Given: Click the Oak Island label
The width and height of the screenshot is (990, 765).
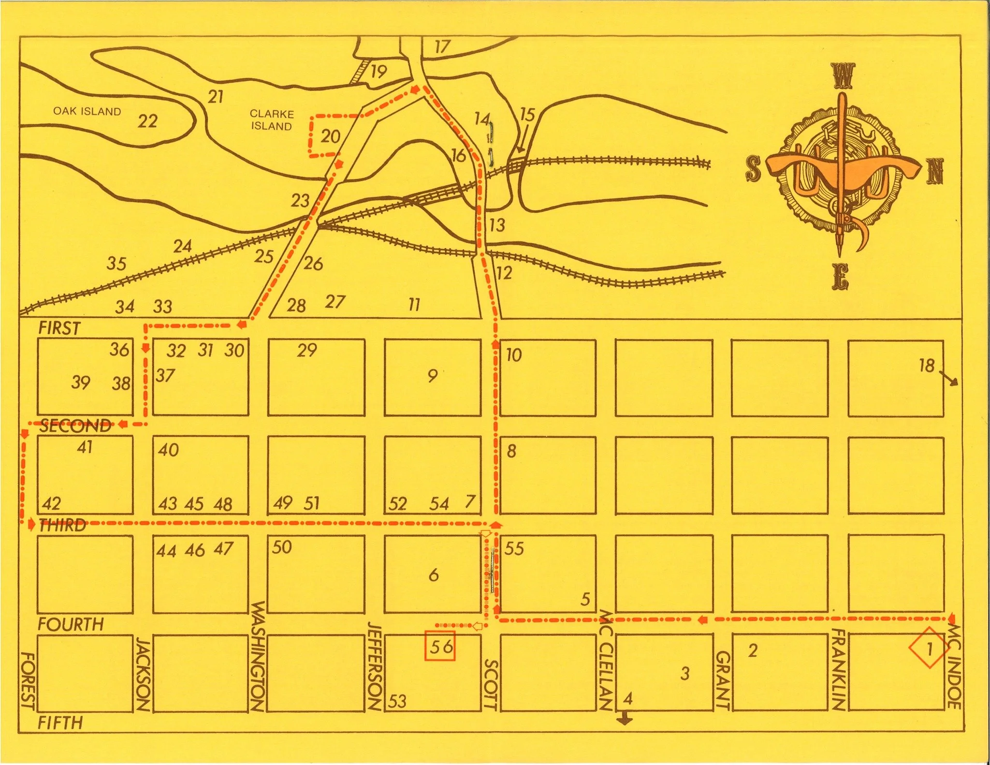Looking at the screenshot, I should [87, 111].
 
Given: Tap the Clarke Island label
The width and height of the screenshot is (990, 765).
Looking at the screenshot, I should [271, 120].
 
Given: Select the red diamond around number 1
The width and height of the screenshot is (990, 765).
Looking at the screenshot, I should [928, 648].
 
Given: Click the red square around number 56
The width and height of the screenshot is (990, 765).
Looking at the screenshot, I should [440, 646].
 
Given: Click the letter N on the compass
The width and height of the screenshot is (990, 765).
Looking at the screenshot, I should [935, 172].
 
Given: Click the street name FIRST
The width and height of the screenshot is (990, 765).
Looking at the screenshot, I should [59, 328].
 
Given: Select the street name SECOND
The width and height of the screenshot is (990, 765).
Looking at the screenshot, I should [75, 426].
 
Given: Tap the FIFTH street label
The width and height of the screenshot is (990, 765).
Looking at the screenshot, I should [60, 723].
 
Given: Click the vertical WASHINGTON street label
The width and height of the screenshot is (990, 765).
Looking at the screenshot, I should [258, 656].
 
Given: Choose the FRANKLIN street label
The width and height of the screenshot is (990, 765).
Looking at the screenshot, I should [839, 669].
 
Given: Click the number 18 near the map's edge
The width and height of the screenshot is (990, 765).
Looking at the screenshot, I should [927, 366].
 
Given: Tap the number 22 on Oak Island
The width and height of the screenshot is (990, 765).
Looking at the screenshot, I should [147, 120].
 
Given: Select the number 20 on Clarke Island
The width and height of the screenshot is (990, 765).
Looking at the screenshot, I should [331, 136].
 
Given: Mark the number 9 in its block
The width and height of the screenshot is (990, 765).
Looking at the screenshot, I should [433, 375].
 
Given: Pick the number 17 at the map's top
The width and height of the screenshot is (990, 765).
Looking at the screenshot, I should [442, 47].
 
